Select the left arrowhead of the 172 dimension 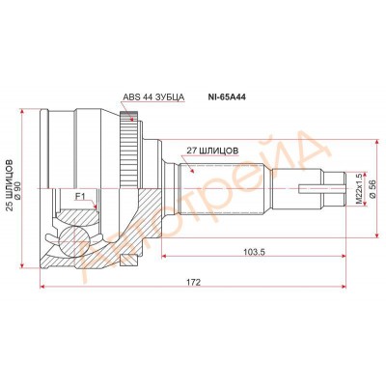(43, 286)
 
